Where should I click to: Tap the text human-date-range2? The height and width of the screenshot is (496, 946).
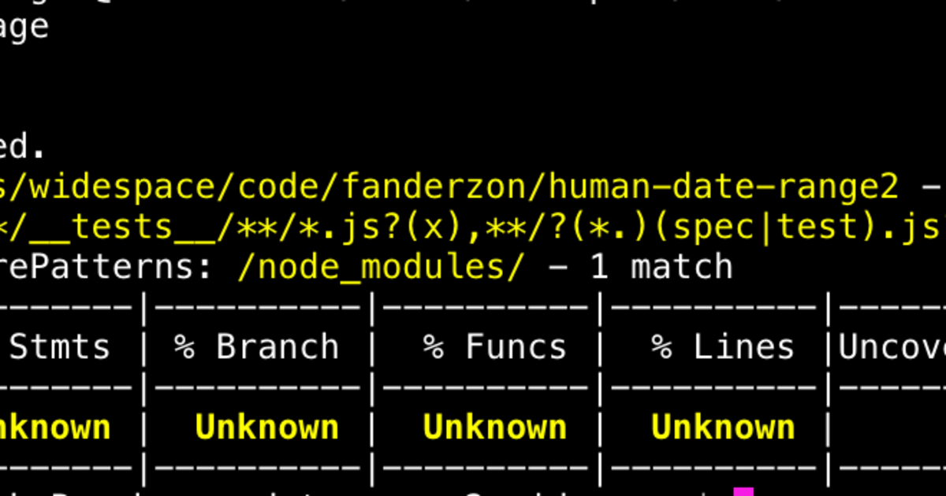coord(723,187)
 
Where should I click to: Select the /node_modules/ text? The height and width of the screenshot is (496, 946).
coord(379,267)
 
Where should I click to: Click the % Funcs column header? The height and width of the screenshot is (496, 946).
coord(494,347)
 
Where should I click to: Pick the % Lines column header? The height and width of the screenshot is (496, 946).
coord(722,347)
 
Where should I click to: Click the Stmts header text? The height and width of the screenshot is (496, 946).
coord(59,347)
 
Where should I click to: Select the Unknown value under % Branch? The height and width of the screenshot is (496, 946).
coord(266,428)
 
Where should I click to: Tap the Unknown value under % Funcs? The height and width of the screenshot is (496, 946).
coord(494,428)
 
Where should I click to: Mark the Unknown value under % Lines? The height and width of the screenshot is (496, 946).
coord(722,428)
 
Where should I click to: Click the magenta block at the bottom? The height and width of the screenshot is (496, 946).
coord(743,491)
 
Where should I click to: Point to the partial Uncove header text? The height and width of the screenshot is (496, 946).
coord(891,347)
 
